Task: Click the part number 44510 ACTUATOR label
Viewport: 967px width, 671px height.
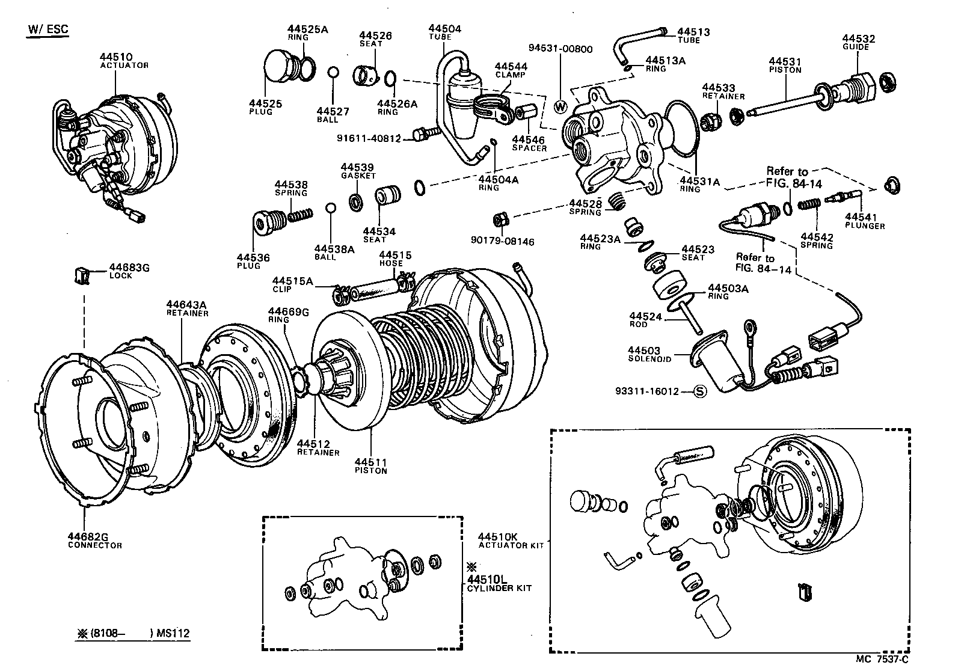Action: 124,61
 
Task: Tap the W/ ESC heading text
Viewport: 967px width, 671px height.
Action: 48,29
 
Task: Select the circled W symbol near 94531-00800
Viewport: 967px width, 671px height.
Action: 560,107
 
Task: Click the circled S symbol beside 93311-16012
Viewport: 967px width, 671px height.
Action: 700,391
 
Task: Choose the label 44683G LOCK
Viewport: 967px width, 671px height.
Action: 129,271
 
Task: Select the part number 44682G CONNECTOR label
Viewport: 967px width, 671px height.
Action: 94,541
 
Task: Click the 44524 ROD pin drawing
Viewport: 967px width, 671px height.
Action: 692,319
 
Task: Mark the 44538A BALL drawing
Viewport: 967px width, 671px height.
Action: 330,208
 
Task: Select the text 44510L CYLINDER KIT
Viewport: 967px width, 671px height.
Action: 499,583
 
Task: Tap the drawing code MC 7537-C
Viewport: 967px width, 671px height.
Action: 882,658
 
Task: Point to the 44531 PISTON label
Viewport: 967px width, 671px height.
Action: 785,64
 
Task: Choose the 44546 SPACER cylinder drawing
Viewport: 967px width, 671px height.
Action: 529,112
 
